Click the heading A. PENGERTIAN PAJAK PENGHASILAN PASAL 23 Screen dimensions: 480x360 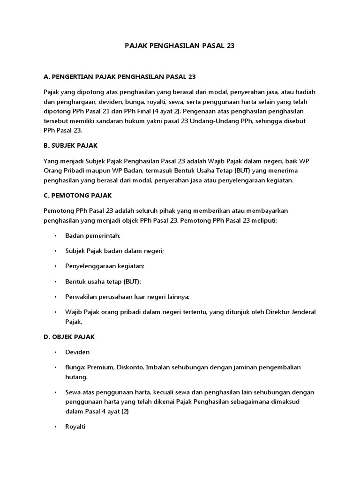tap(120, 76)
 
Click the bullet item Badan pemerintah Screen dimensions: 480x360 tap(93, 235)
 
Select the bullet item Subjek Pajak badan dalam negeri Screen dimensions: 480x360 tap(115, 251)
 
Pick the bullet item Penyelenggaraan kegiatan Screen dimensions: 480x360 tap(105, 266)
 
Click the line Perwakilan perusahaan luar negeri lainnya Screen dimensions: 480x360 tap(127, 297)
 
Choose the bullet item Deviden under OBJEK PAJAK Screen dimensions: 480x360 tap(78, 352)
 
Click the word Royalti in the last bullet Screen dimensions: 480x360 tap(76, 427)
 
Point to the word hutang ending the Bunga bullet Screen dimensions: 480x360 tap(76, 376)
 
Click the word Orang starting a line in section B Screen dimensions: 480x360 tap(53, 171)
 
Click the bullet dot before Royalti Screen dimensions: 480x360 tap(55, 427)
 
